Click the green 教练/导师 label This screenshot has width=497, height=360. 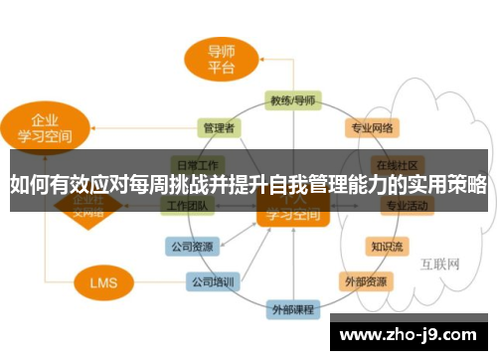(x=293, y=100)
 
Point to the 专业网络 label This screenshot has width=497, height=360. (x=372, y=127)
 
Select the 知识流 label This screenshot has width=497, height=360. (x=387, y=245)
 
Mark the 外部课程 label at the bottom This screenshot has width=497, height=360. (x=293, y=311)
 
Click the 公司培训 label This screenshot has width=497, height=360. (x=214, y=281)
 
